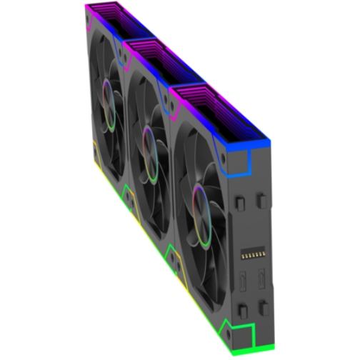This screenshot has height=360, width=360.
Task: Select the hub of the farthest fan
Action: (x=108, y=99)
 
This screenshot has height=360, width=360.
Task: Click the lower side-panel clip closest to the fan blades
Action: (x=244, y=308)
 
